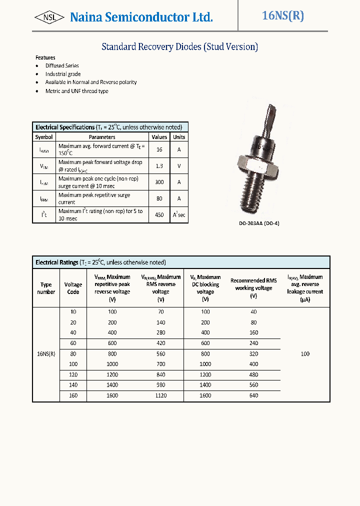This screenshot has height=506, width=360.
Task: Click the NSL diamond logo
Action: click(x=49, y=17)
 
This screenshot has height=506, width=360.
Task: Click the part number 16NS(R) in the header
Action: click(x=282, y=15)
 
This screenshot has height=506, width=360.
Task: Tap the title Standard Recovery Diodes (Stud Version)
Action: click(x=179, y=47)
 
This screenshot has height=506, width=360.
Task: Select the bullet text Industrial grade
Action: click(x=63, y=74)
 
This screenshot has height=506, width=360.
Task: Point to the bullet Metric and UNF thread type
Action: click(x=76, y=91)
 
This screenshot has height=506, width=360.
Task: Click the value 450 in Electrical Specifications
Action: click(x=159, y=214)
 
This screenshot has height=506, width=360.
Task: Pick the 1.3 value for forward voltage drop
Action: click(x=159, y=166)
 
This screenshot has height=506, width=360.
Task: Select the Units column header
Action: click(x=179, y=137)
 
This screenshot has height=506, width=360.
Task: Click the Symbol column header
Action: click(x=44, y=137)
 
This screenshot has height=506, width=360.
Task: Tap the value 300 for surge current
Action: click(x=159, y=182)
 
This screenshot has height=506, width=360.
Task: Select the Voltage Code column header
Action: click(x=73, y=288)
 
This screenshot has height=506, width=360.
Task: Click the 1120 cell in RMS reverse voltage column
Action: click(x=160, y=395)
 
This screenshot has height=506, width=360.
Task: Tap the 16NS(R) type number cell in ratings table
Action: click(x=46, y=353)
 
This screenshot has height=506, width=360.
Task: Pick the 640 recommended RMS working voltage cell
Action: click(x=253, y=395)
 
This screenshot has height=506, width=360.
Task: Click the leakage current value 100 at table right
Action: click(x=305, y=353)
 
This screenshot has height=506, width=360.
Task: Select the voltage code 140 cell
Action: click(x=73, y=385)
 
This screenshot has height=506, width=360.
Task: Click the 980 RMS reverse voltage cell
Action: click(x=160, y=385)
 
